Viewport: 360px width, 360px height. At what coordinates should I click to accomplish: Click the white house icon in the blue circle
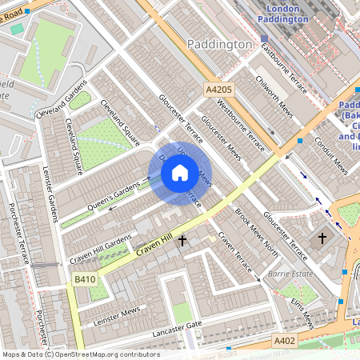click(x=180, y=173)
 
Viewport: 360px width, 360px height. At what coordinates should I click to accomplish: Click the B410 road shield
click(x=85, y=279)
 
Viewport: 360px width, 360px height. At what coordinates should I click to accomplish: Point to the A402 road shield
click(x=285, y=341)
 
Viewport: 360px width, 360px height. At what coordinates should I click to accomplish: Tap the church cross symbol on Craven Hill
click(x=182, y=239)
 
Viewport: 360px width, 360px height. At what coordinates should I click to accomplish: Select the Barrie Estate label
click(x=291, y=273)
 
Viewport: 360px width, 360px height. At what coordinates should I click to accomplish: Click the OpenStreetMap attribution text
click(x=80, y=354)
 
